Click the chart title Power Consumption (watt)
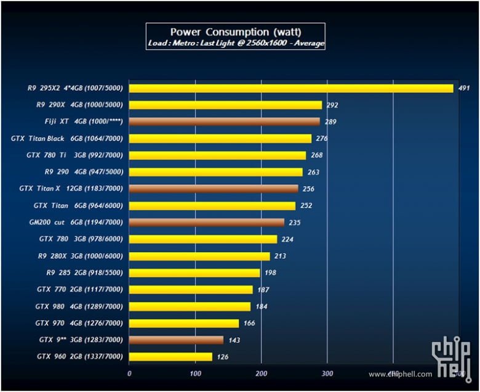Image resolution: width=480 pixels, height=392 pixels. (x=235, y=31)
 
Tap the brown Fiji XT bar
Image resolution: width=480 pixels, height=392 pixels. (x=224, y=121)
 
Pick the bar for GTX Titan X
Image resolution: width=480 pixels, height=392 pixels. (x=213, y=189)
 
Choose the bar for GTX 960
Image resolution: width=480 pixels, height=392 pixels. (x=170, y=356)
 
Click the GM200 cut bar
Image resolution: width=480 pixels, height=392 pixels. (x=206, y=223)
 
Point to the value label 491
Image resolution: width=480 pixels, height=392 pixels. (x=464, y=88)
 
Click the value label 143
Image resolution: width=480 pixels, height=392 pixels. (x=234, y=340)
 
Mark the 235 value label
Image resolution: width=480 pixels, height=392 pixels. (x=295, y=223)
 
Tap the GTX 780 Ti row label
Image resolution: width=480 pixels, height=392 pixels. (x=74, y=155)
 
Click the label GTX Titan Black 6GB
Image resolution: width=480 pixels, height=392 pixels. (x=67, y=139)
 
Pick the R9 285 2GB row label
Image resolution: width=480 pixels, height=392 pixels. (x=84, y=272)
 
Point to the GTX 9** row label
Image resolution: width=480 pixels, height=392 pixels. (x=81, y=340)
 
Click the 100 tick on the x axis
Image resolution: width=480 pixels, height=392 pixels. (x=195, y=373)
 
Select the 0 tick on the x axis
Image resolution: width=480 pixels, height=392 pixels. (x=129, y=373)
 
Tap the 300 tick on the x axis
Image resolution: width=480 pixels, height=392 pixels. (x=327, y=373)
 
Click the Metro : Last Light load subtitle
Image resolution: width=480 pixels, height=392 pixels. (x=236, y=44)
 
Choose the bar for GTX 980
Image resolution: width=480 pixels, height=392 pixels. (x=190, y=306)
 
